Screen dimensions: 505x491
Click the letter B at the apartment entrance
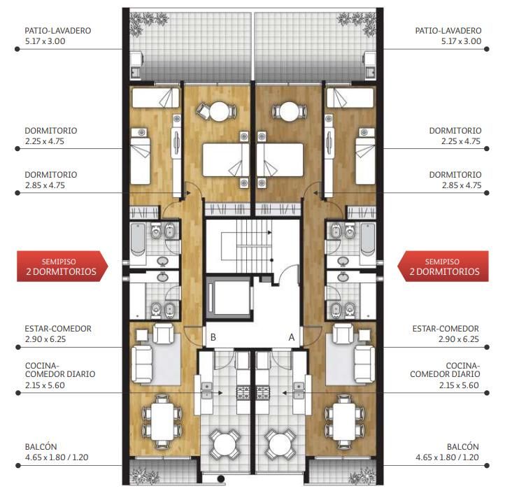pos(213,337)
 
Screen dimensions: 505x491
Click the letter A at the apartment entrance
pos(292,337)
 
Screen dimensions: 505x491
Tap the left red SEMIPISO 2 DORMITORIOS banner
pos(62,266)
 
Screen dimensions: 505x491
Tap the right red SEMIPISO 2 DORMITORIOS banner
pos(443,266)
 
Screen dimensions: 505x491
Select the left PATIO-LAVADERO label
pos(58,31)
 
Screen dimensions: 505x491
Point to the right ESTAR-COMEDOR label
pos(446,329)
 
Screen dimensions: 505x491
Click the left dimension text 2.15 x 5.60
pos(45,385)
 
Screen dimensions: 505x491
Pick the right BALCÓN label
pos(463,446)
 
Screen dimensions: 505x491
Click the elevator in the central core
pos(229,297)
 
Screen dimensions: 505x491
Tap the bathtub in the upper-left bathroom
pos(138,239)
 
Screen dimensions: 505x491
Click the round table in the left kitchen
pos(225,443)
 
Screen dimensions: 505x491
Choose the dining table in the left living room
pos(162,422)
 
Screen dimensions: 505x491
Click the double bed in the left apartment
pos(225,160)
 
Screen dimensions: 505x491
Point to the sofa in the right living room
pos(364,364)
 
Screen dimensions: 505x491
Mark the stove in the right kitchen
pos(263,392)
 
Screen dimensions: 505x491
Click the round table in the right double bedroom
pos(289,111)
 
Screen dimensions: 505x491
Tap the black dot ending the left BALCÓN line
pos(17,466)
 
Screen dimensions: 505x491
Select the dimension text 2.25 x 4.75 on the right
pos(460,141)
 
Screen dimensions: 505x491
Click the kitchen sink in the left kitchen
pos(207,390)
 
